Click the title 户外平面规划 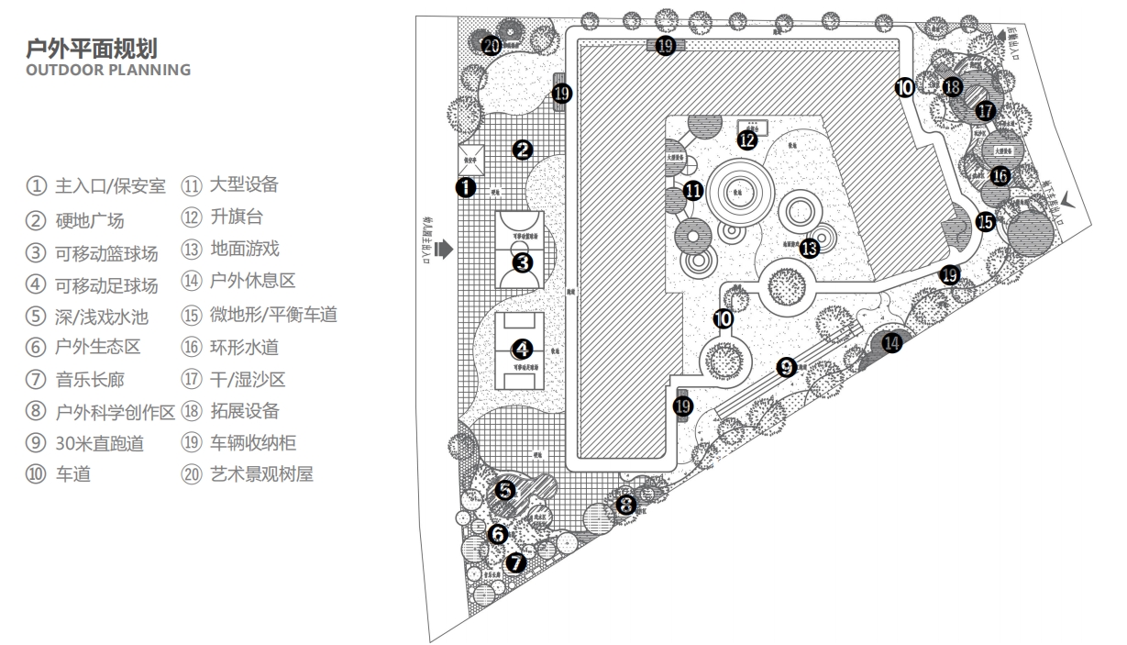[100, 48]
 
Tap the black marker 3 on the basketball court [523, 262]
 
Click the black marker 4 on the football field [522, 350]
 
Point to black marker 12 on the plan [747, 140]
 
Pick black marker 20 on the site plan [492, 45]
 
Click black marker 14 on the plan [891, 342]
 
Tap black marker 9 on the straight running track [786, 367]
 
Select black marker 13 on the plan [809, 247]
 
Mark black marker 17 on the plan [986, 110]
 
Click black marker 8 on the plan [625, 504]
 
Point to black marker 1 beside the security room [466, 188]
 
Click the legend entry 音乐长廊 [89, 378]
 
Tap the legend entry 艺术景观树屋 [260, 474]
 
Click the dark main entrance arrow [446, 248]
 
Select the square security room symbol [471, 159]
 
